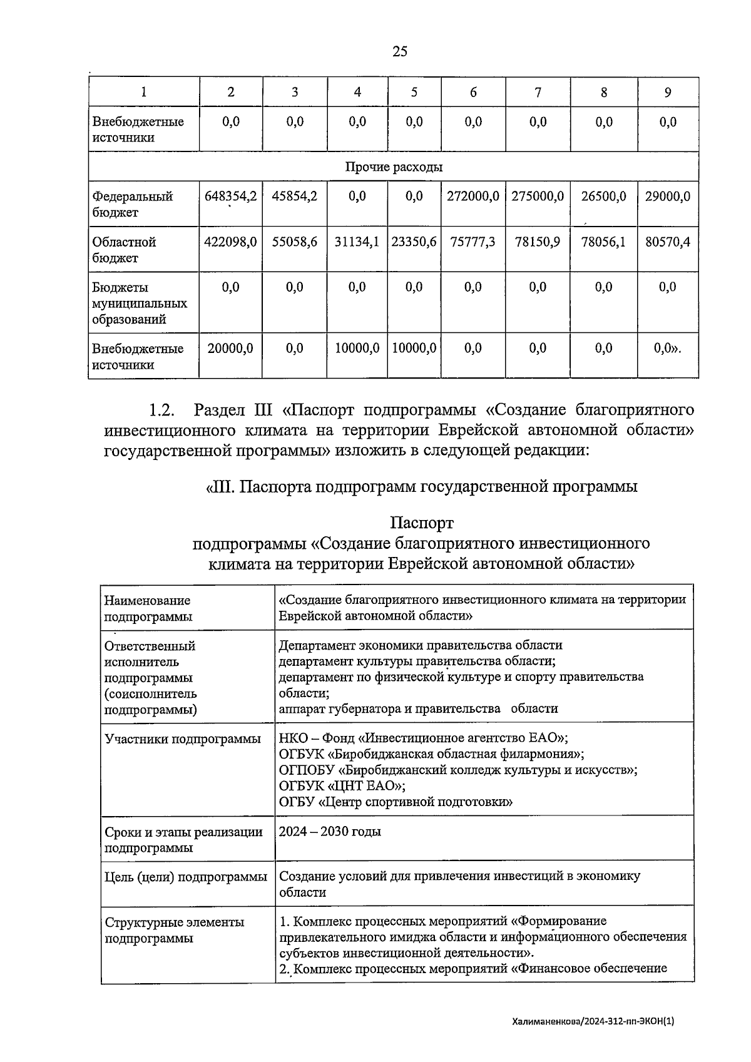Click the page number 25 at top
click(400, 51)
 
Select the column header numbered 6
click(473, 93)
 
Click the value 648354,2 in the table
click(230, 197)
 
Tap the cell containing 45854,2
click(294, 197)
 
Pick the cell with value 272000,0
click(473, 197)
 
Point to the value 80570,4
click(668, 242)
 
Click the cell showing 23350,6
click(414, 242)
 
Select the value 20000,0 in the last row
click(230, 349)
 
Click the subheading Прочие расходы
click(394, 167)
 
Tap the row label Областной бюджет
click(124, 250)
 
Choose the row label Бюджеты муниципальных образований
click(139, 304)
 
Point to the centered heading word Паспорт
click(421, 522)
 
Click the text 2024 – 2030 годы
click(330, 831)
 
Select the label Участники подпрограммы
click(183, 739)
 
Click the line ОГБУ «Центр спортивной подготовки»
click(396, 802)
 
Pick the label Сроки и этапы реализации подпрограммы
click(183, 840)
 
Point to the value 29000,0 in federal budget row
click(668, 197)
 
